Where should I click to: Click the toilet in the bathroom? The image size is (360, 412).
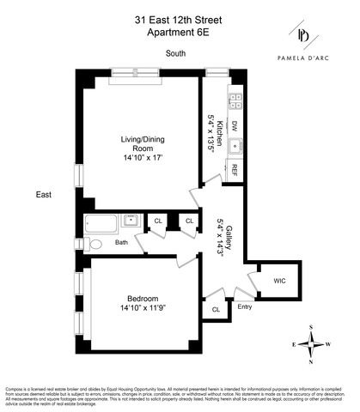click(95, 244)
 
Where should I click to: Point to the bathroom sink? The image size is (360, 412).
click(131, 221)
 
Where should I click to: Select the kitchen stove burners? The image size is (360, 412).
click(233, 96)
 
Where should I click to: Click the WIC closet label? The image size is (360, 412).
click(279, 281)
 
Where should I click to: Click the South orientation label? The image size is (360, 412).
click(178, 54)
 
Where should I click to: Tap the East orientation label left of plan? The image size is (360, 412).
click(44, 195)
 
